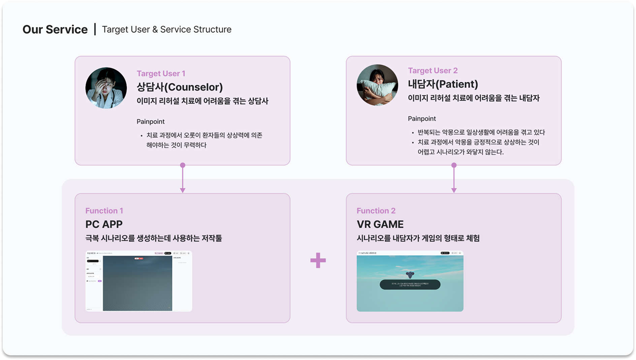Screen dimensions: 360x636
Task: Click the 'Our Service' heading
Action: tap(55, 30)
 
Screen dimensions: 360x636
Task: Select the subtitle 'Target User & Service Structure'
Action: tap(166, 30)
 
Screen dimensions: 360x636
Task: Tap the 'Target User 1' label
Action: tap(161, 73)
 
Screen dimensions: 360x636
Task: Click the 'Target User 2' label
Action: tap(433, 70)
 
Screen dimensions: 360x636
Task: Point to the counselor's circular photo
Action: tap(106, 88)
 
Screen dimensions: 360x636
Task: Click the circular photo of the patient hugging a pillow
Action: tap(377, 85)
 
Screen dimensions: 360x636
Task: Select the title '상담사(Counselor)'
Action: tap(180, 87)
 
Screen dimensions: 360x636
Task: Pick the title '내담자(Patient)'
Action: tap(443, 84)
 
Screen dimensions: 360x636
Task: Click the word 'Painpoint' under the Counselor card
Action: tap(150, 122)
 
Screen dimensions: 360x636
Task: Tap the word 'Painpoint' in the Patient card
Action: tap(421, 119)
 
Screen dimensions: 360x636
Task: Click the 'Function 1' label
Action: tap(104, 211)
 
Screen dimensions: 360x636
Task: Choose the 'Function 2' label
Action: tap(376, 211)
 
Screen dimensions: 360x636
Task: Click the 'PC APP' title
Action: tap(104, 224)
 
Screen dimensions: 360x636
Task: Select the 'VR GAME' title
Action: tap(380, 224)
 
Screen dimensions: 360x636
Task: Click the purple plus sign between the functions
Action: tap(318, 260)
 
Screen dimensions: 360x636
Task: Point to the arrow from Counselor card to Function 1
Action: tap(183, 179)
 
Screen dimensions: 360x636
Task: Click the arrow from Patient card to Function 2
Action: tap(454, 179)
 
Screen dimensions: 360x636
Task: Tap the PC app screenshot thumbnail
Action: tap(138, 281)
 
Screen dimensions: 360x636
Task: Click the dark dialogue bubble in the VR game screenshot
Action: tap(410, 285)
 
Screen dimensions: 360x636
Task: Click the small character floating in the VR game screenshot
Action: tap(410, 275)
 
